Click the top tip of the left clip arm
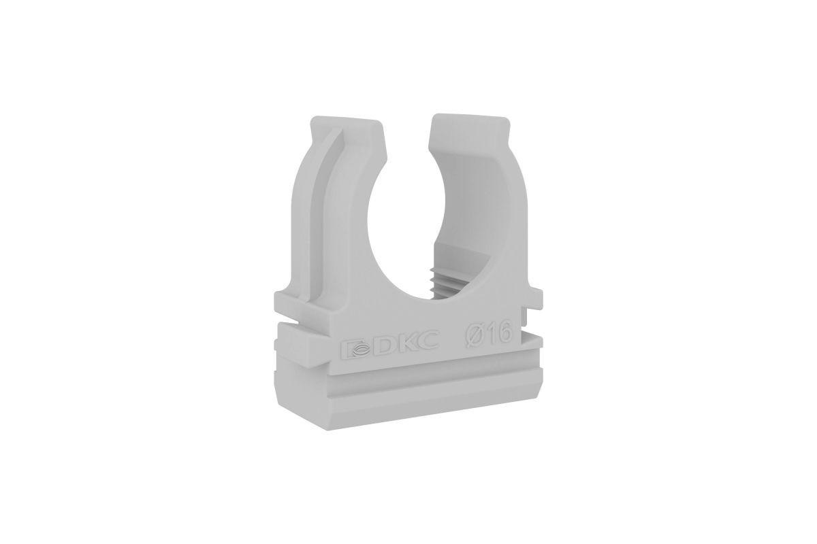[x=346, y=120]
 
